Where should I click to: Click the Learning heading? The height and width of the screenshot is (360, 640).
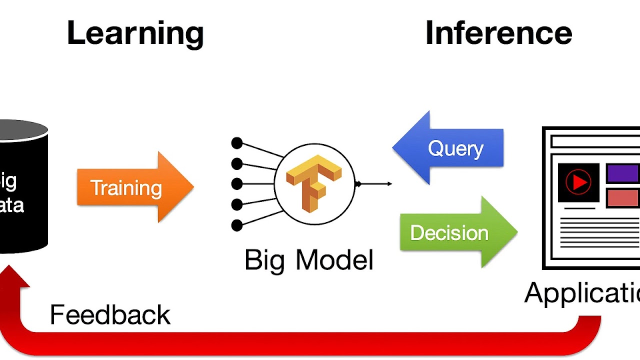[135, 34]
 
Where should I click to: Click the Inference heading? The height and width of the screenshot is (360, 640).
[498, 34]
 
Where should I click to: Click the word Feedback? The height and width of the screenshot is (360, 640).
[110, 315]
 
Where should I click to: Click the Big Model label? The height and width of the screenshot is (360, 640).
[309, 260]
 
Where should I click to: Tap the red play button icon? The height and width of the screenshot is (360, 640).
[578, 182]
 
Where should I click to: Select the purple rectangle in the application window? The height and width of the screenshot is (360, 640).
[623, 174]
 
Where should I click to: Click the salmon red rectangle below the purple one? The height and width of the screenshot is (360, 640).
[623, 198]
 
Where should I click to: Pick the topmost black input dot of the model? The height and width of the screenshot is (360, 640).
[237, 143]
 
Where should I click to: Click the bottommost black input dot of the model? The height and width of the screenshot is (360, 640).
[237, 225]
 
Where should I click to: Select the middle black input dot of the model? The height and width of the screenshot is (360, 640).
[237, 184]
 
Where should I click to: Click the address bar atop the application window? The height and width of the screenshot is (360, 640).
[595, 142]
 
